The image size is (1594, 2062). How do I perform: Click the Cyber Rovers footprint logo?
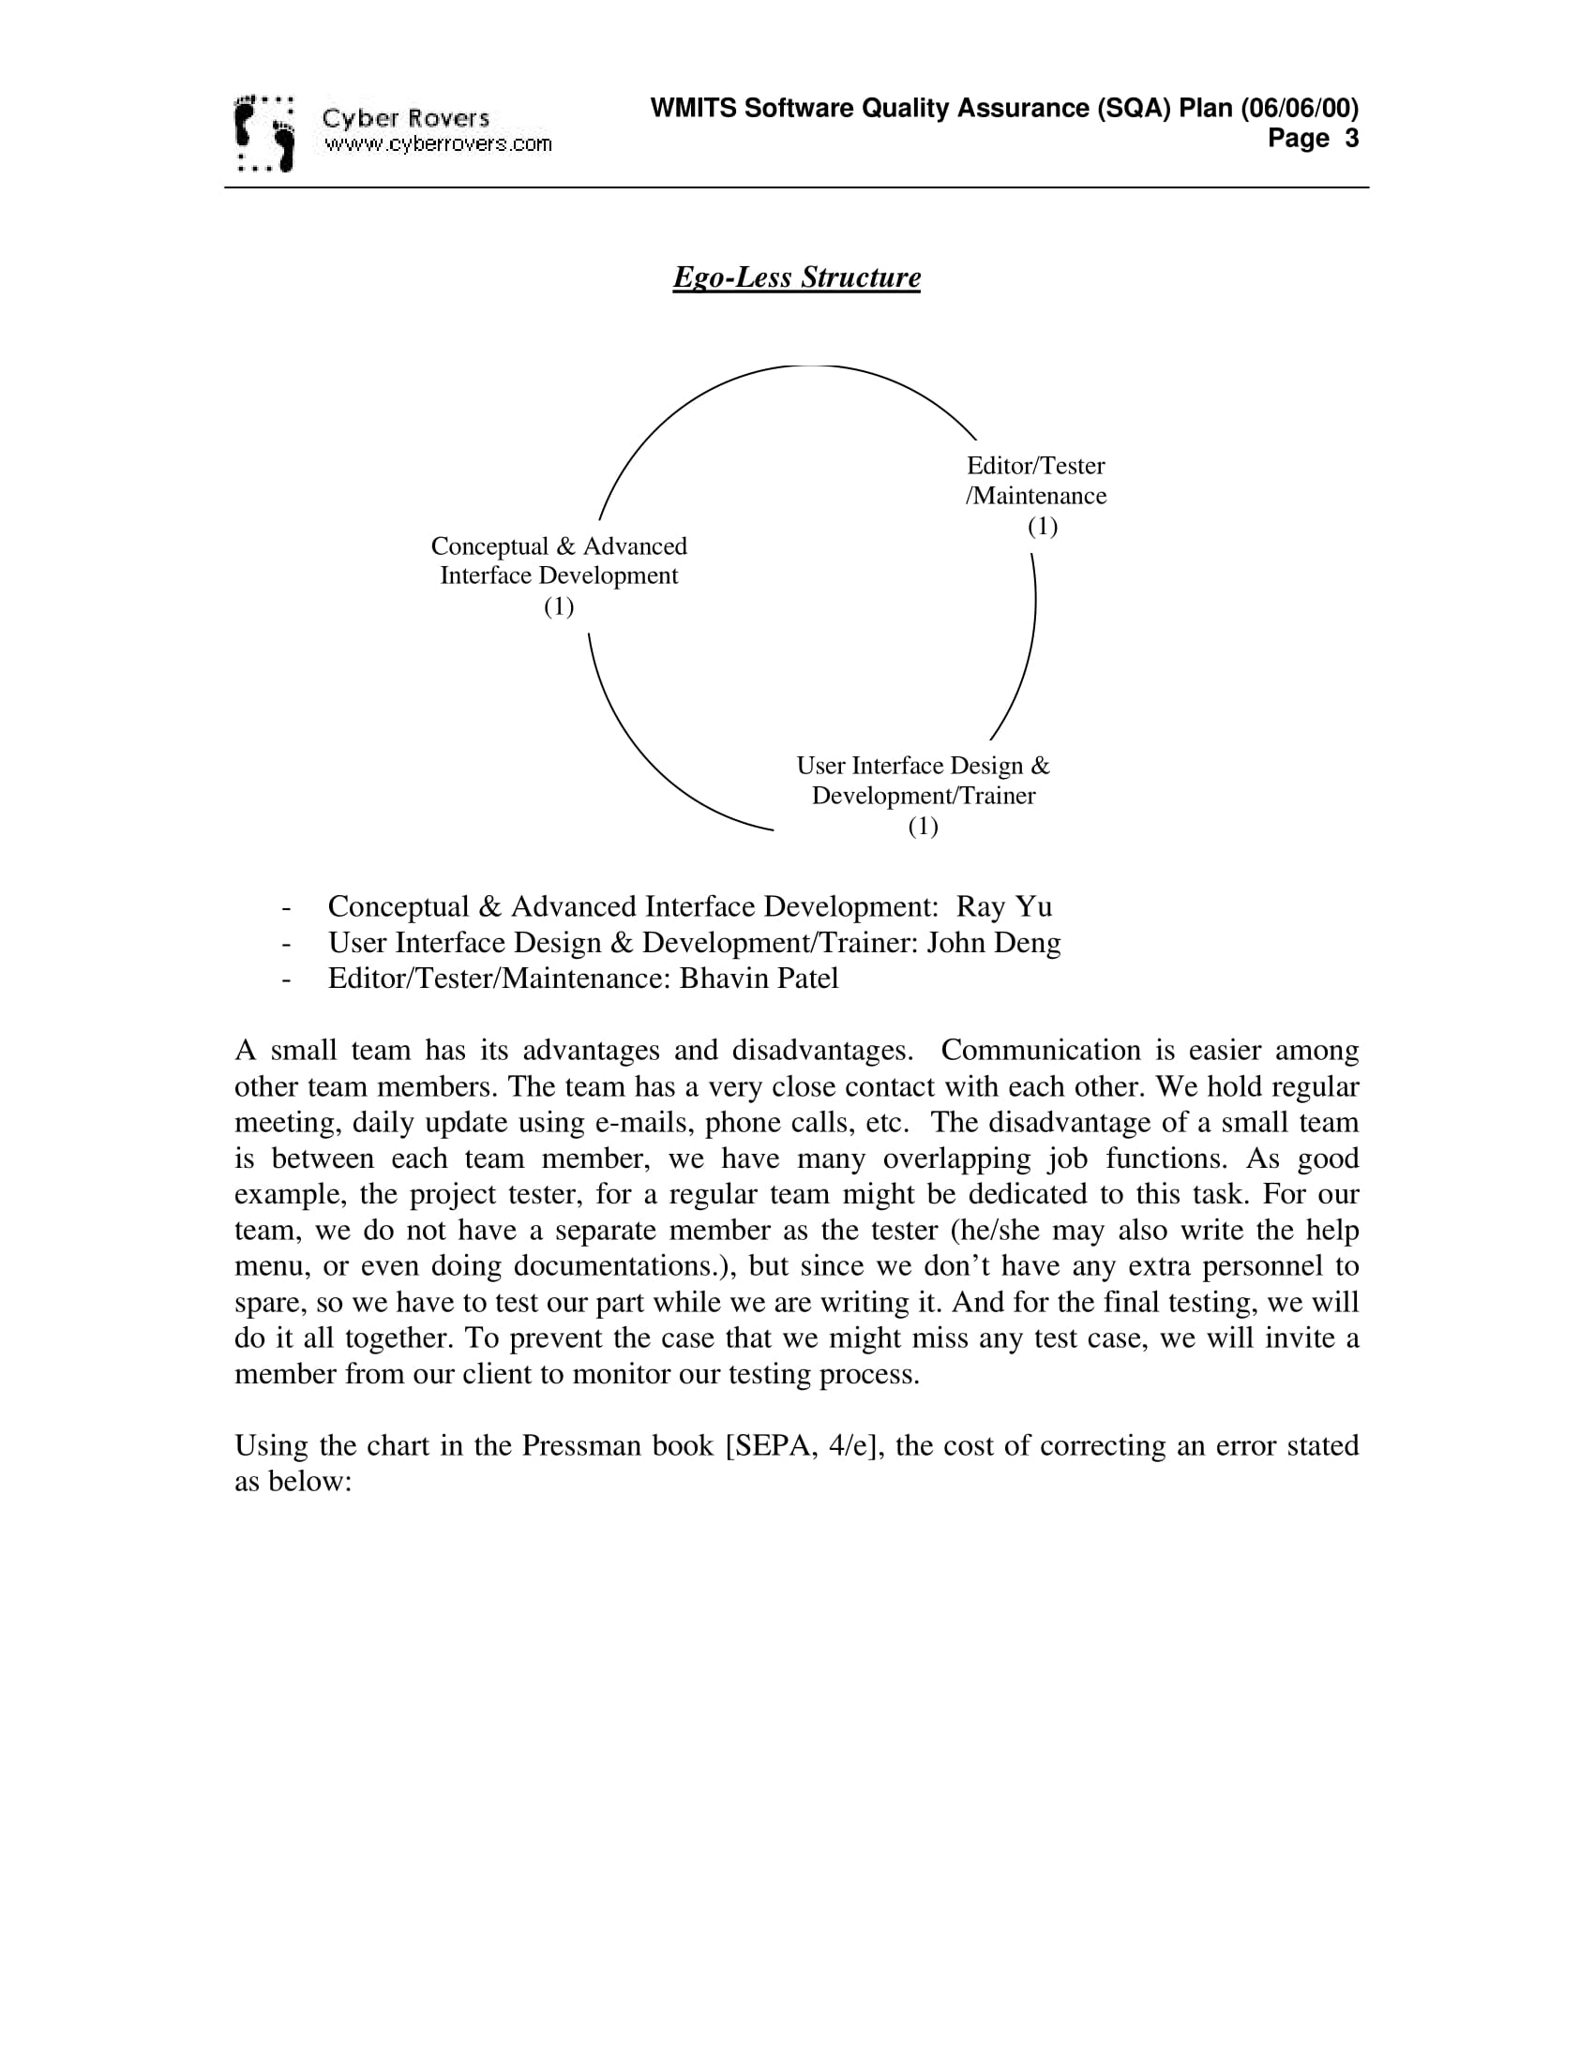(263, 133)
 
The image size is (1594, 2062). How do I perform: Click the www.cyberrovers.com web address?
(437, 144)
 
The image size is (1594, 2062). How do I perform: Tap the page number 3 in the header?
(1351, 139)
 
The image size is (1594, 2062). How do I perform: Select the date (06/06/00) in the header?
(1300, 109)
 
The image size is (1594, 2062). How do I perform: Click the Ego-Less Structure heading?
(796, 277)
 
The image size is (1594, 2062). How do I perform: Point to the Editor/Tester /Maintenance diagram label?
(1036, 481)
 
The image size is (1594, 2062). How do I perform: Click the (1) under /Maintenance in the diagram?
(1043, 526)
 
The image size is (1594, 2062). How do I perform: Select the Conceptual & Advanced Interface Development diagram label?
(559, 560)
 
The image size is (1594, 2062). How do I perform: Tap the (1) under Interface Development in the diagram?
(559, 606)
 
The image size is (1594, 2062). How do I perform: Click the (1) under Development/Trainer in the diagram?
(923, 826)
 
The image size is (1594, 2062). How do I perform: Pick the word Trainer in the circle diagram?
(999, 796)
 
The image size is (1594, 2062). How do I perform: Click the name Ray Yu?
(1004, 906)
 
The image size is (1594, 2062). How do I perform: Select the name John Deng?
(993, 942)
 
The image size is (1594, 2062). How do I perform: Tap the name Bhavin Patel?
(759, 979)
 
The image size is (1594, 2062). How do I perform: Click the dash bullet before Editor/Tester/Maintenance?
(285, 979)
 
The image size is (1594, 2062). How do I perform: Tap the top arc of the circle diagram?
(803, 366)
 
